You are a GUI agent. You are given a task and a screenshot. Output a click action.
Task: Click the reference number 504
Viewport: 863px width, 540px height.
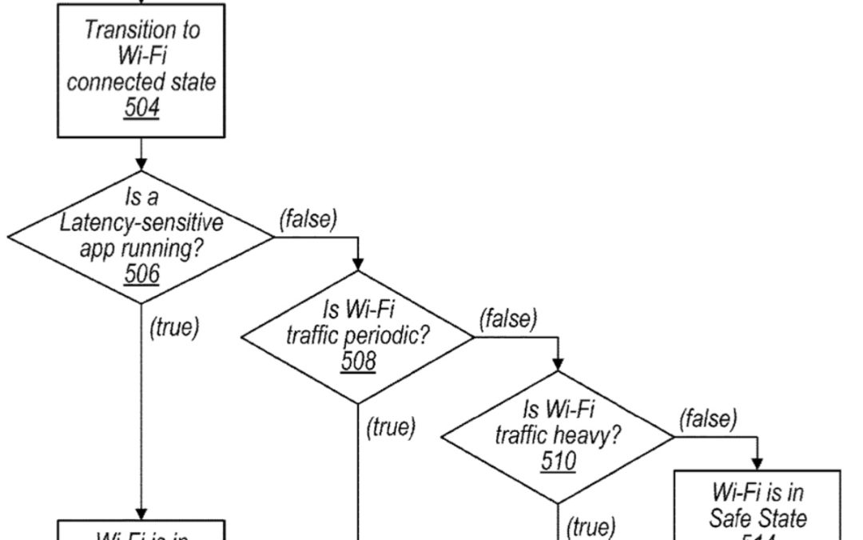[x=141, y=108]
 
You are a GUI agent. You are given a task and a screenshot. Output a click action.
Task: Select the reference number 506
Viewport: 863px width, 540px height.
[x=141, y=274]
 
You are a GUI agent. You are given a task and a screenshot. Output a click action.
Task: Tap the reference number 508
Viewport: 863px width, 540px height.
[x=358, y=361]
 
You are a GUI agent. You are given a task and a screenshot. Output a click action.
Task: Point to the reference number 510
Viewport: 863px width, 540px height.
[x=558, y=461]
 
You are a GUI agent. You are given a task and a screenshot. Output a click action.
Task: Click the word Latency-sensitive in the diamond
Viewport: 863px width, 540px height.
[x=141, y=222]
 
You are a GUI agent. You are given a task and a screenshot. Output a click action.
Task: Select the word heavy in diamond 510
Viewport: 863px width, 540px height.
[x=591, y=435]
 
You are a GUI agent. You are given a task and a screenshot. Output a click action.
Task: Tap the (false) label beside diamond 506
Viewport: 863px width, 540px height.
[x=308, y=218]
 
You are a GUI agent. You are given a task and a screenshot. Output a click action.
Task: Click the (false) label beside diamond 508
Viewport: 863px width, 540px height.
[x=508, y=318]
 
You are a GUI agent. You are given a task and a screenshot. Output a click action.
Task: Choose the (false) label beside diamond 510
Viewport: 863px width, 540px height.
[x=709, y=418]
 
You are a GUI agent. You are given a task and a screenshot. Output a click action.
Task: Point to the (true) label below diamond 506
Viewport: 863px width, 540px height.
[x=173, y=328]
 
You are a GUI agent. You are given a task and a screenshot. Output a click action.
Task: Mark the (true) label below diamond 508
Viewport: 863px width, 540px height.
[x=391, y=428]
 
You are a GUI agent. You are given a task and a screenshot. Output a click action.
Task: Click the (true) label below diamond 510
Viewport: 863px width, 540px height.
[x=591, y=527]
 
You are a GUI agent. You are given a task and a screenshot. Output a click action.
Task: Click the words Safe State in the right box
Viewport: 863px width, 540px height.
[x=758, y=518]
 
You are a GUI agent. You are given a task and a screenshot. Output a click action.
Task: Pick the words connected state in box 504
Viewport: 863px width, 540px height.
[x=142, y=82]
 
